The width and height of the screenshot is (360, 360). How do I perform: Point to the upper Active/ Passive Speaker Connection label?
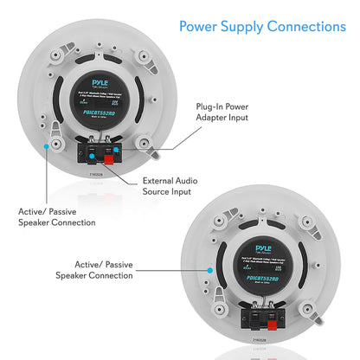click(57, 216)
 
